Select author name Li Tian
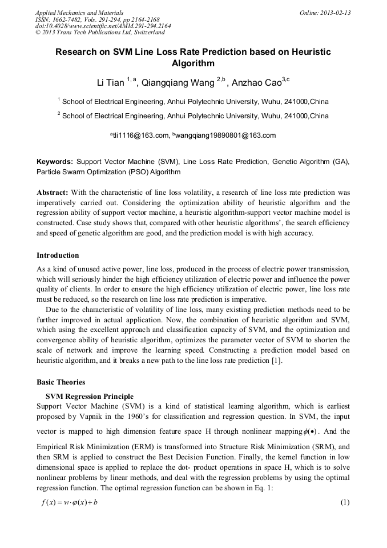tap(110, 82)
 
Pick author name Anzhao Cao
tap(255, 82)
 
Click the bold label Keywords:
tap(55, 162)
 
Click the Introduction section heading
tap(58, 255)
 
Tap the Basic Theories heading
tap(61, 382)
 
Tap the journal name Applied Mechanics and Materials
tap(79, 13)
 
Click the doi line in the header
tap(103, 26)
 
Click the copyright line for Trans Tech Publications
tap(100, 33)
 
